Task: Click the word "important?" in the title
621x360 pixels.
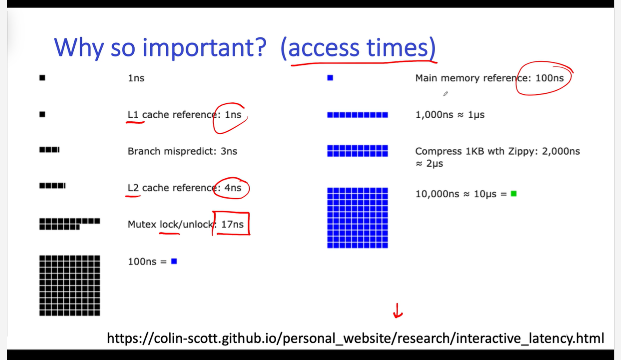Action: click(204, 48)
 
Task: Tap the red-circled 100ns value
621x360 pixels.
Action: click(549, 78)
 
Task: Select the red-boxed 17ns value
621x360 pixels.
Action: click(232, 224)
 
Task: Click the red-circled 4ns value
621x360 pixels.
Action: click(233, 188)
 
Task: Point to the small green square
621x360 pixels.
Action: click(514, 194)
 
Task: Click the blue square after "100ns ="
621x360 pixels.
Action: click(174, 261)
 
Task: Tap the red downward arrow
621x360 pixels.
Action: click(397, 311)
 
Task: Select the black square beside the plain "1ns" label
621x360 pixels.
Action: click(42, 78)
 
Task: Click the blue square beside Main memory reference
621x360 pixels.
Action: click(330, 78)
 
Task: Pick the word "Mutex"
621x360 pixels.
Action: click(142, 224)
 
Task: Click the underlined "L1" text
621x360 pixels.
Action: click(133, 115)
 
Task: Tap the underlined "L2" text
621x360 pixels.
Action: click(133, 188)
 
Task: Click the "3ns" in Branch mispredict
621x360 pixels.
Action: click(229, 151)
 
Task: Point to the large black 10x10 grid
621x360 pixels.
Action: click(70, 286)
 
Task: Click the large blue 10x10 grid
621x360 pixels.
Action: click(358, 218)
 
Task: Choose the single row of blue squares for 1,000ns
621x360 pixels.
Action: click(358, 115)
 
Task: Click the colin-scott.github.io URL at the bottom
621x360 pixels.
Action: click(356, 338)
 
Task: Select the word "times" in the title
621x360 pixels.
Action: click(397, 48)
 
